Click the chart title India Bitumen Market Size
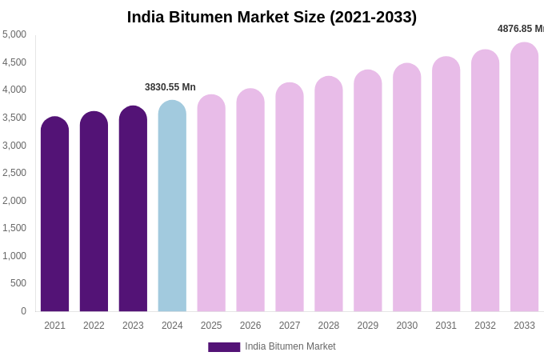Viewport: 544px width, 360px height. click(272, 17)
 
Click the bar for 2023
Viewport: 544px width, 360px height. click(133, 209)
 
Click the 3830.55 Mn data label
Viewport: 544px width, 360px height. click(170, 87)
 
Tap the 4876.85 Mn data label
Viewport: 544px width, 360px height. click(520, 29)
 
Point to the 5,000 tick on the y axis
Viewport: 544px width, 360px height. click(14, 34)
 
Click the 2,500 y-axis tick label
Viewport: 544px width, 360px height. click(14, 173)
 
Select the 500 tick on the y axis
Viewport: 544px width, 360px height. click(18, 283)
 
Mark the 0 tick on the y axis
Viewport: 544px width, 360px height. click(23, 311)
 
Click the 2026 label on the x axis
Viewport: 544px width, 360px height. click(250, 326)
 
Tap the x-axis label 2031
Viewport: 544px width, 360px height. click(446, 326)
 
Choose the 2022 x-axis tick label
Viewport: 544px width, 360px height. click(94, 326)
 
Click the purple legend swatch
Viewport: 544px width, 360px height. click(224, 347)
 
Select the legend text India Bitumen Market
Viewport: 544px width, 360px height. click(290, 346)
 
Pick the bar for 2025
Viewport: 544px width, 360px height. click(211, 203)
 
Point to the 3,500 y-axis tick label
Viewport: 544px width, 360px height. click(14, 118)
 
